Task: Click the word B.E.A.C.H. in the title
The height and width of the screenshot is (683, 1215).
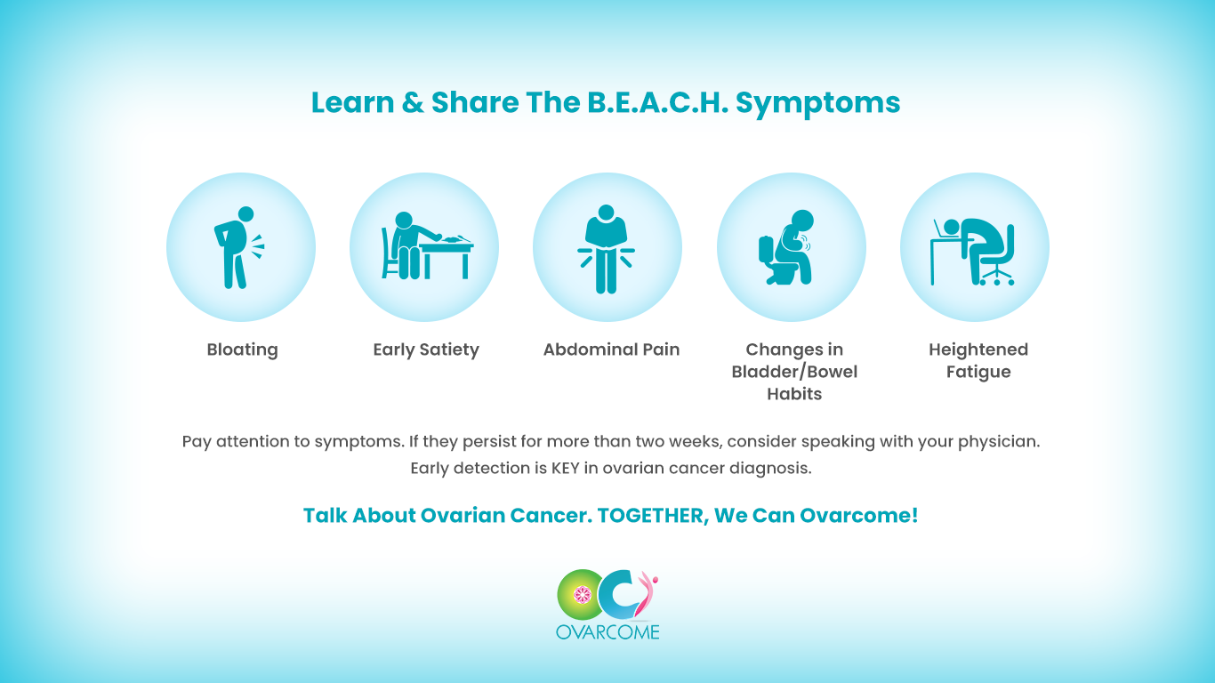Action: [658, 102]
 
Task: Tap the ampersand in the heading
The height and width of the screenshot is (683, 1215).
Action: [413, 102]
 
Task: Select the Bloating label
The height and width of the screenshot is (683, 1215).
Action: [243, 350]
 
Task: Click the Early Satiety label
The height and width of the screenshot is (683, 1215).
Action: [426, 350]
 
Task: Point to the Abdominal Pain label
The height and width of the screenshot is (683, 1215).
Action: [611, 350]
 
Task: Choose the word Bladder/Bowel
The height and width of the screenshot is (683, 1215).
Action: [794, 372]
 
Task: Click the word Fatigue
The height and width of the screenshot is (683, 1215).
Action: [978, 372]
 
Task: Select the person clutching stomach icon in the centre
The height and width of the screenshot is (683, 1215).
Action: [606, 249]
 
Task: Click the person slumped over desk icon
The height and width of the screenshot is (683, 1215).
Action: [972, 252]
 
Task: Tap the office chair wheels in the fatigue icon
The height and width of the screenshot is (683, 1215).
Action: [996, 279]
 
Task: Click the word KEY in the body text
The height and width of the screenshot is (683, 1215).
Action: [565, 468]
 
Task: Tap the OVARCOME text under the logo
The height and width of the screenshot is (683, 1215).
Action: [607, 632]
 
